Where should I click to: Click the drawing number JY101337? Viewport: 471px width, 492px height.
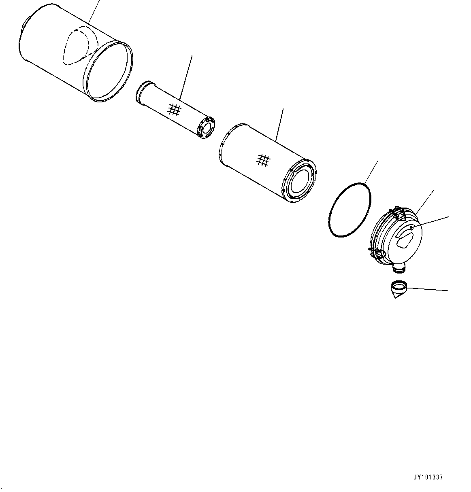[428, 477]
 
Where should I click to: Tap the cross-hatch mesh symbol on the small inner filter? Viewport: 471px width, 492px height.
[174, 109]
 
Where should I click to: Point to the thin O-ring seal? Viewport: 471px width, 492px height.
[350, 209]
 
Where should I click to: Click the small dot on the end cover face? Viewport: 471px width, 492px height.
[411, 228]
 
